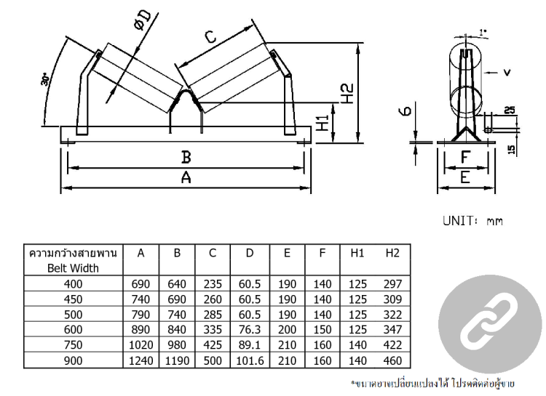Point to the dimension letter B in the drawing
point(186,158)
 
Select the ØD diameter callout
point(143,23)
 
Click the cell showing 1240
point(143,360)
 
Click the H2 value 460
point(393,360)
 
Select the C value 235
point(213,283)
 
